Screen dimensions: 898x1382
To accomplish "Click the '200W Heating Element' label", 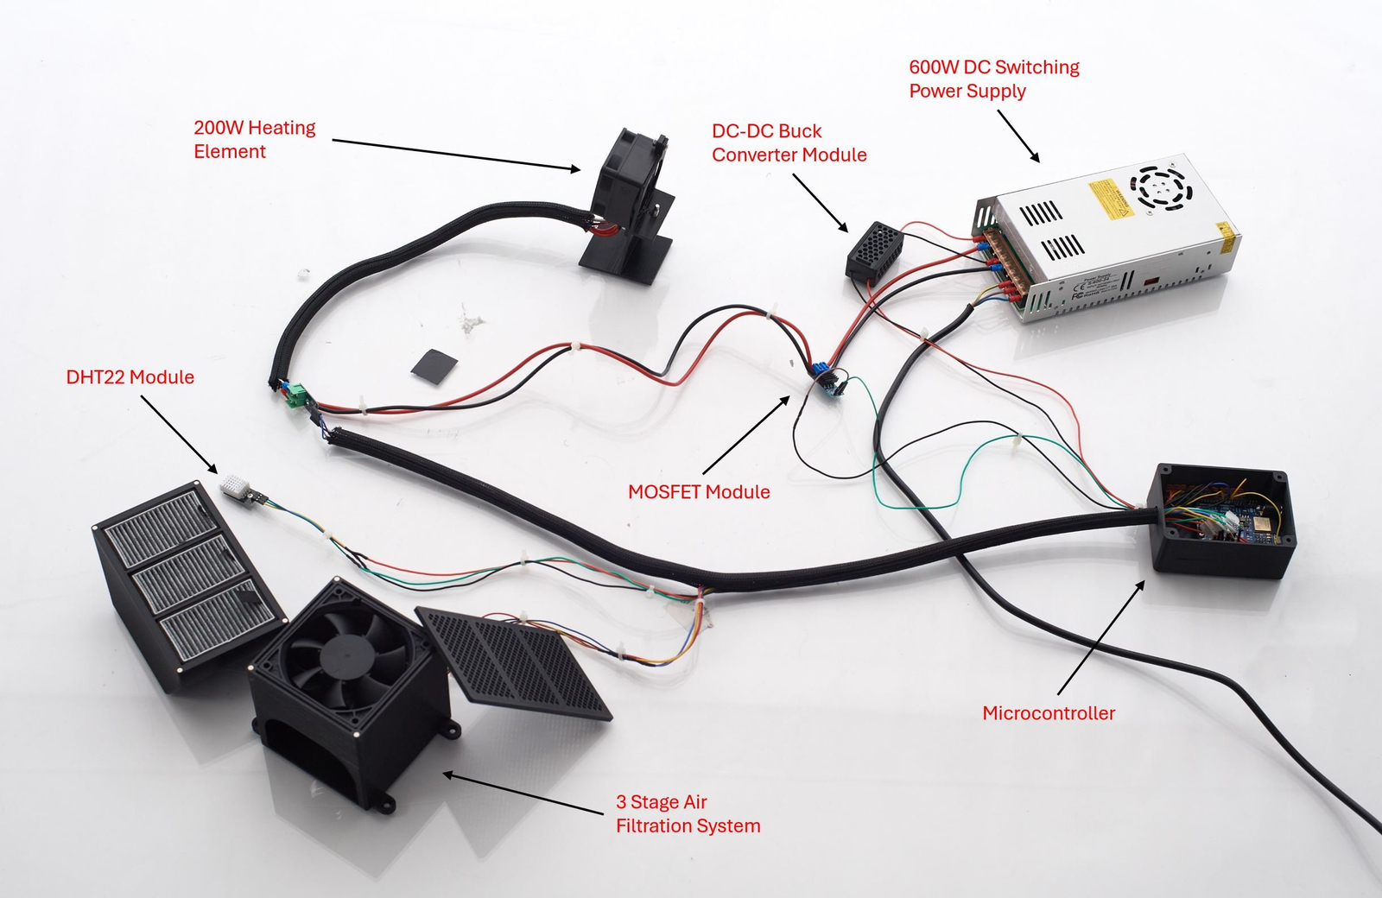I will click(254, 139).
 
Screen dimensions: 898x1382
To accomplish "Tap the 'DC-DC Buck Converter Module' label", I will click(789, 142).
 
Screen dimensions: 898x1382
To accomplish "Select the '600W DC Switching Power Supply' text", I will click(993, 79).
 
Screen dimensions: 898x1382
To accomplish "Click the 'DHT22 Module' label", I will click(130, 377).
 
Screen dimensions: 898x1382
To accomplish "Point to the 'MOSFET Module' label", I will click(699, 492).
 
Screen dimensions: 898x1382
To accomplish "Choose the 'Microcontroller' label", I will click(1049, 713).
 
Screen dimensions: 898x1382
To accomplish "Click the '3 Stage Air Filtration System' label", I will click(688, 814).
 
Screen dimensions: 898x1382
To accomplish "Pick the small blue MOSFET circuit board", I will click(826, 380).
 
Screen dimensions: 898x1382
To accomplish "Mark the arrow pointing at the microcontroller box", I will click(1101, 636).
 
